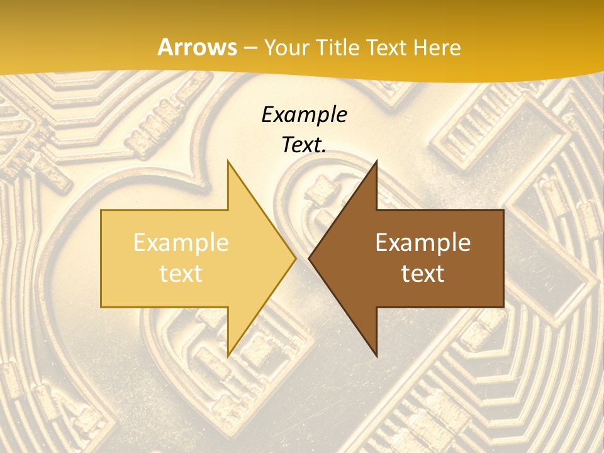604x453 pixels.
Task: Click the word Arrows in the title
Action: [197, 47]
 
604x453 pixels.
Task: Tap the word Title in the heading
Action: [338, 47]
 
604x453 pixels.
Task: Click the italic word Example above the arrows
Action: [304, 115]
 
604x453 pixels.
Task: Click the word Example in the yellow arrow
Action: [181, 243]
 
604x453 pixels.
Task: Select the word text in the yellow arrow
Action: [181, 274]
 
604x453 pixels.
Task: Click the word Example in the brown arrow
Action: [423, 243]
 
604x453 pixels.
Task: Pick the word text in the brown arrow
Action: [423, 274]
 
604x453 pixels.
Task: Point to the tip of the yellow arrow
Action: [296, 258]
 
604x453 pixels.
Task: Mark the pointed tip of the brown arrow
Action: [309, 258]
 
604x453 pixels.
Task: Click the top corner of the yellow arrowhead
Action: [228, 161]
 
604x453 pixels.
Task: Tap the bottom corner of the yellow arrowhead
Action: [228, 355]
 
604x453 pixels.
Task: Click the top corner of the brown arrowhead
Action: [376, 161]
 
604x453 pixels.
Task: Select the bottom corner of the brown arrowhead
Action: [376, 355]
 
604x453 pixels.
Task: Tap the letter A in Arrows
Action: [165, 47]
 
